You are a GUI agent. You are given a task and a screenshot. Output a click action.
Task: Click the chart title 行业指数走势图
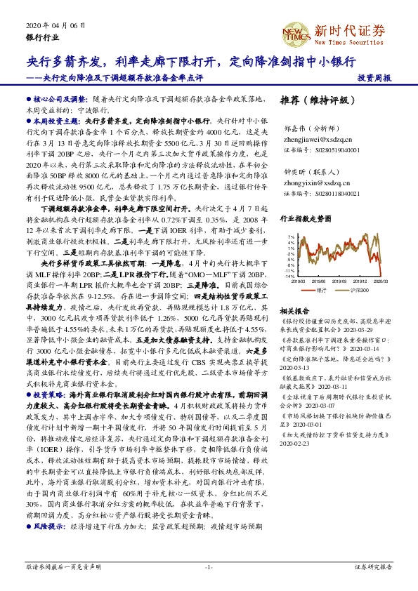coord(305,220)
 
